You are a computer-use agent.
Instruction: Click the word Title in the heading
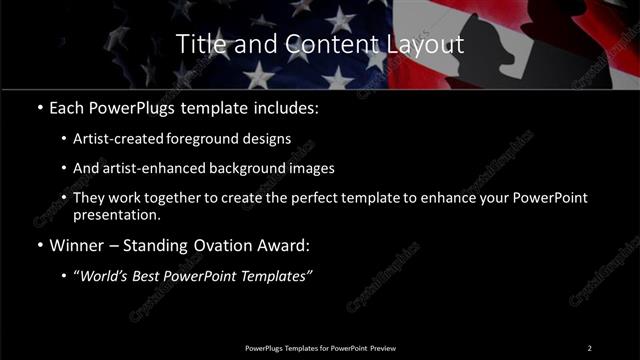(x=200, y=45)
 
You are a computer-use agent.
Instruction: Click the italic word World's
(x=109, y=276)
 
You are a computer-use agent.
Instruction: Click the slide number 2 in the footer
(x=589, y=348)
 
